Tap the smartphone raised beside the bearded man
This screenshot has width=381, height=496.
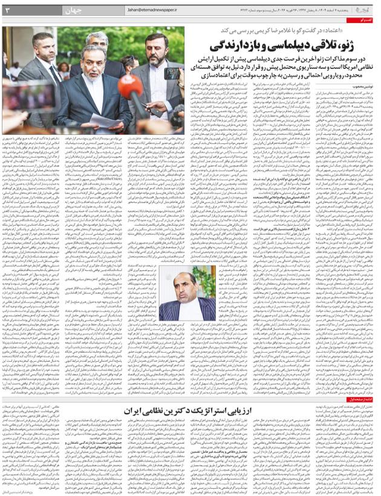pyautogui.click(x=172, y=73)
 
